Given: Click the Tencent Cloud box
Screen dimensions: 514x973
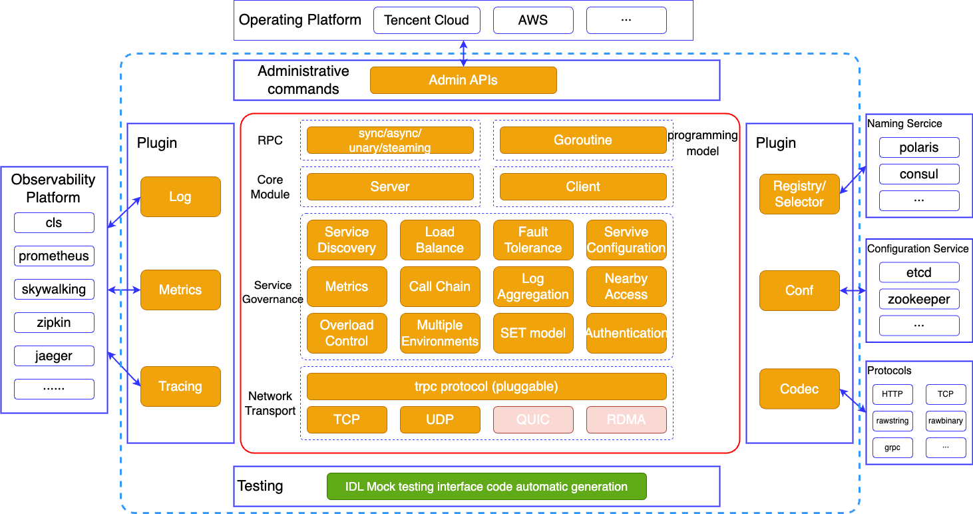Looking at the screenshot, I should click(427, 21).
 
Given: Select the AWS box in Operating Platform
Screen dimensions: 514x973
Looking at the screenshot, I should click(533, 21).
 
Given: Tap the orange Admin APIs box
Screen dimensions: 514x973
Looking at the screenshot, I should click(463, 80).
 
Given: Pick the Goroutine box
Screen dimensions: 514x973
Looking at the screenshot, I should click(583, 140).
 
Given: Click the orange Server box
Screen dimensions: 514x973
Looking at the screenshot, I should click(390, 187).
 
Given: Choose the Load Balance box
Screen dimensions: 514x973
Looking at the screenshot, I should click(440, 240).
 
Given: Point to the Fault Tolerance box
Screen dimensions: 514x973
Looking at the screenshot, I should click(533, 240).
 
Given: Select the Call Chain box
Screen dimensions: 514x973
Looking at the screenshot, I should click(440, 286).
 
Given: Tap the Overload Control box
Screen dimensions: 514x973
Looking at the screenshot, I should click(347, 333).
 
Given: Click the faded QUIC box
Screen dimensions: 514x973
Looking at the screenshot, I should click(533, 419).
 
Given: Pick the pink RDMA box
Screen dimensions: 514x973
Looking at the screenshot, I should click(626, 419).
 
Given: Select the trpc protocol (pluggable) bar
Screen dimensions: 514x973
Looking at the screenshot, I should click(487, 386).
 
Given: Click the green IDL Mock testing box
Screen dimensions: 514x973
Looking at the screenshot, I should click(487, 487).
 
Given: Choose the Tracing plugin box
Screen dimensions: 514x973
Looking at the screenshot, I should click(180, 386).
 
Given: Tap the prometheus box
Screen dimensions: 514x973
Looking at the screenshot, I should click(54, 256).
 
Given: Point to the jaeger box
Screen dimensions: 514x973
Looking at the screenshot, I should click(54, 356).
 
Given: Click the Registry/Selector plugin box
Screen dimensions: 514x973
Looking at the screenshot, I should click(799, 194).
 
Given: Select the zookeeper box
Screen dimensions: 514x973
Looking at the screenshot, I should click(919, 299).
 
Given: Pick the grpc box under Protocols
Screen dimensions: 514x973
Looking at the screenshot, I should click(892, 447).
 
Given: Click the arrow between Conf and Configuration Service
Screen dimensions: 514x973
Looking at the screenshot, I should click(853, 290).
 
